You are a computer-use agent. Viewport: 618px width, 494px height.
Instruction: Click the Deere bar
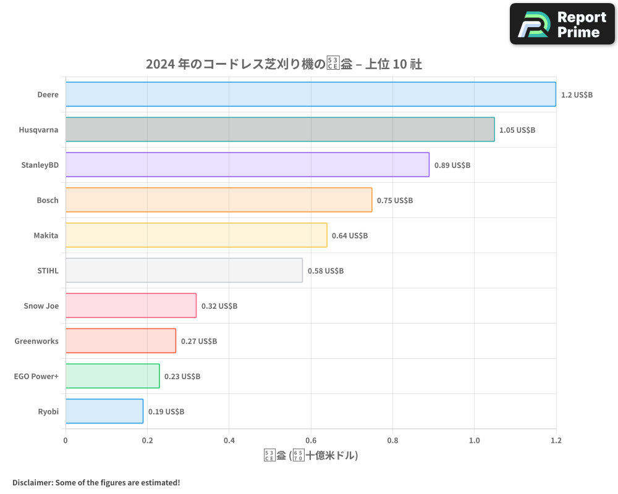point(310,94)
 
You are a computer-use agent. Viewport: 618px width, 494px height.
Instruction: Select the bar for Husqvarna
point(279,130)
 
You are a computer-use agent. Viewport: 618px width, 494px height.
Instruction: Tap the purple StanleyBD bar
point(247,165)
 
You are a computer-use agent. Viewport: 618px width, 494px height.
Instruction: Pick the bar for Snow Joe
point(131,306)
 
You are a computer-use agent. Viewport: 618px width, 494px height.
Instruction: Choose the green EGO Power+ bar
point(112,376)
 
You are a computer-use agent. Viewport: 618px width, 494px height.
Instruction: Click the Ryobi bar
point(104,411)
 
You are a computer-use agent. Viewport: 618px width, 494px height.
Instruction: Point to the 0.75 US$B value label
point(395,201)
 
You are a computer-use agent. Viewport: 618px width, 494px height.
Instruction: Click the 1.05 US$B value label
point(517,130)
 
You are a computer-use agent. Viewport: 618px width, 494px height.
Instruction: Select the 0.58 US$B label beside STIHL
point(326,271)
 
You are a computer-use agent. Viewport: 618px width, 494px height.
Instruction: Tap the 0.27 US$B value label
point(199,341)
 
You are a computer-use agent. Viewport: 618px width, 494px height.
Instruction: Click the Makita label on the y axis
point(46,235)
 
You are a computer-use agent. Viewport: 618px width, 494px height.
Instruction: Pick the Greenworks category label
point(36,341)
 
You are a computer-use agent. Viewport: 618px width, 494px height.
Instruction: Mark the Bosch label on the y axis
point(48,200)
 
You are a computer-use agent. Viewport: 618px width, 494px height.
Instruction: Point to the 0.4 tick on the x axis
point(229,440)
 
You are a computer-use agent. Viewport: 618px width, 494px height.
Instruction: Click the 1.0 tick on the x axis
point(474,440)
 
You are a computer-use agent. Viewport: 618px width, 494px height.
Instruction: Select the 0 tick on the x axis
point(66,440)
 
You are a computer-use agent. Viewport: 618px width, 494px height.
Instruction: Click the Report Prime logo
point(562,24)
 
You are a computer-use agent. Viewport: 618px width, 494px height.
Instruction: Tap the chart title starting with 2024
point(284,64)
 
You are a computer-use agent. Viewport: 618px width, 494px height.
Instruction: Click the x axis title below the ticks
point(311,456)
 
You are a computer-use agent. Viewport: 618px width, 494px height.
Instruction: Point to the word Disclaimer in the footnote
point(32,483)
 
